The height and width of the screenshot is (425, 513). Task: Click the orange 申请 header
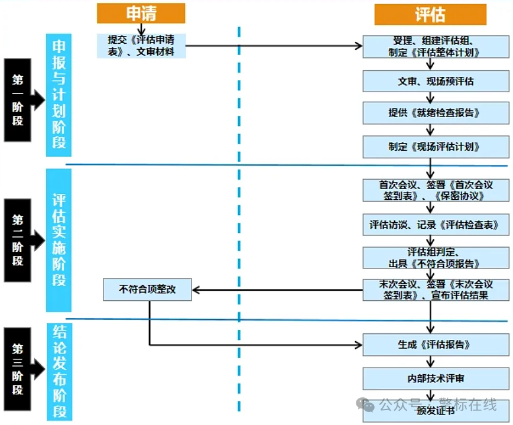[141, 13]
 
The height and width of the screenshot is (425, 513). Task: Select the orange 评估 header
[430, 14]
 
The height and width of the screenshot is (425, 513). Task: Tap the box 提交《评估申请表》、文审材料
[141, 46]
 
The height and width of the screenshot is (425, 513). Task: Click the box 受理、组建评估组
[431, 46]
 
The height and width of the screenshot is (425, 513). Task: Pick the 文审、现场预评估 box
[431, 81]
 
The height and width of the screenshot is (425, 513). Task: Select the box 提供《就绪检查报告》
[431, 113]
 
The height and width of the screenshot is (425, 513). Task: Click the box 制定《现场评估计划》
[431, 147]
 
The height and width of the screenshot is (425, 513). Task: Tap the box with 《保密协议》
[431, 190]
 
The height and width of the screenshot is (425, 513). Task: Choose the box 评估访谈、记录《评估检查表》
[431, 224]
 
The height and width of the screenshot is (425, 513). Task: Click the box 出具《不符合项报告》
[431, 258]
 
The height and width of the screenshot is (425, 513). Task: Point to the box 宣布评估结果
[431, 290]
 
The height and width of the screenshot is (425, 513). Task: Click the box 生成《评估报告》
[431, 345]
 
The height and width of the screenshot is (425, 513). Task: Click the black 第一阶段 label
[18, 100]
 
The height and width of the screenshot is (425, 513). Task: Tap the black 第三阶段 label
[18, 369]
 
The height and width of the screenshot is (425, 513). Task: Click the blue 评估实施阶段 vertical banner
[59, 239]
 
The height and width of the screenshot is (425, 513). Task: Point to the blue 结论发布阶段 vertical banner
[59, 371]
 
